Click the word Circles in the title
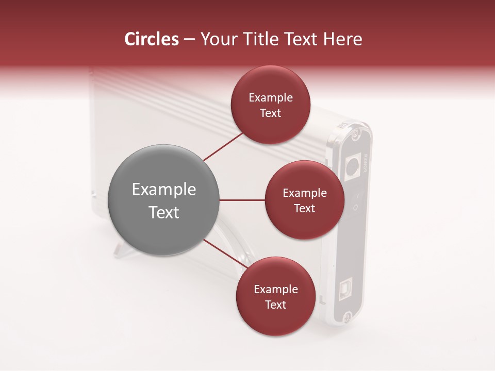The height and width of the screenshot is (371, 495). pyautogui.click(x=152, y=39)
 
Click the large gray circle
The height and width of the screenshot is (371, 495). pyautogui.click(x=163, y=200)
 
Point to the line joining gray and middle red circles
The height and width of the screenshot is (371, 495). pyautogui.click(x=242, y=200)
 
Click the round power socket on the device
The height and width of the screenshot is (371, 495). pyautogui.click(x=352, y=166)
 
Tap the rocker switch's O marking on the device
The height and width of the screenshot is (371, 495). pyautogui.click(x=355, y=208)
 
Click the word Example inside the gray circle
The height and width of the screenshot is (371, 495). pyautogui.click(x=163, y=190)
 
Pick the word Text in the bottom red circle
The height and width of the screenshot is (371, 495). pyautogui.click(x=275, y=305)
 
